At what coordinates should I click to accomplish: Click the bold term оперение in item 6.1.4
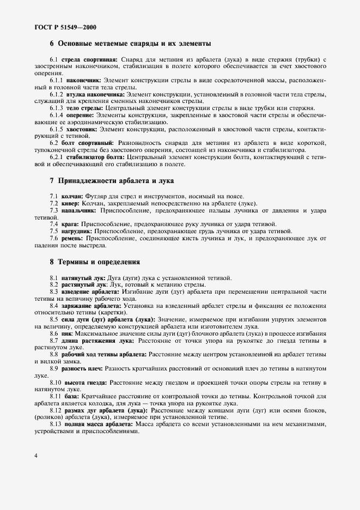[x=80, y=116]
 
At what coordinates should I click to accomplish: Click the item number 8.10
[x=56, y=383]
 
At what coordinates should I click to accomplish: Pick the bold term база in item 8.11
[x=71, y=397]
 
